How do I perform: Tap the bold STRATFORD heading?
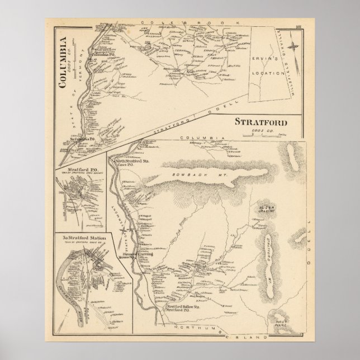[257, 122]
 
